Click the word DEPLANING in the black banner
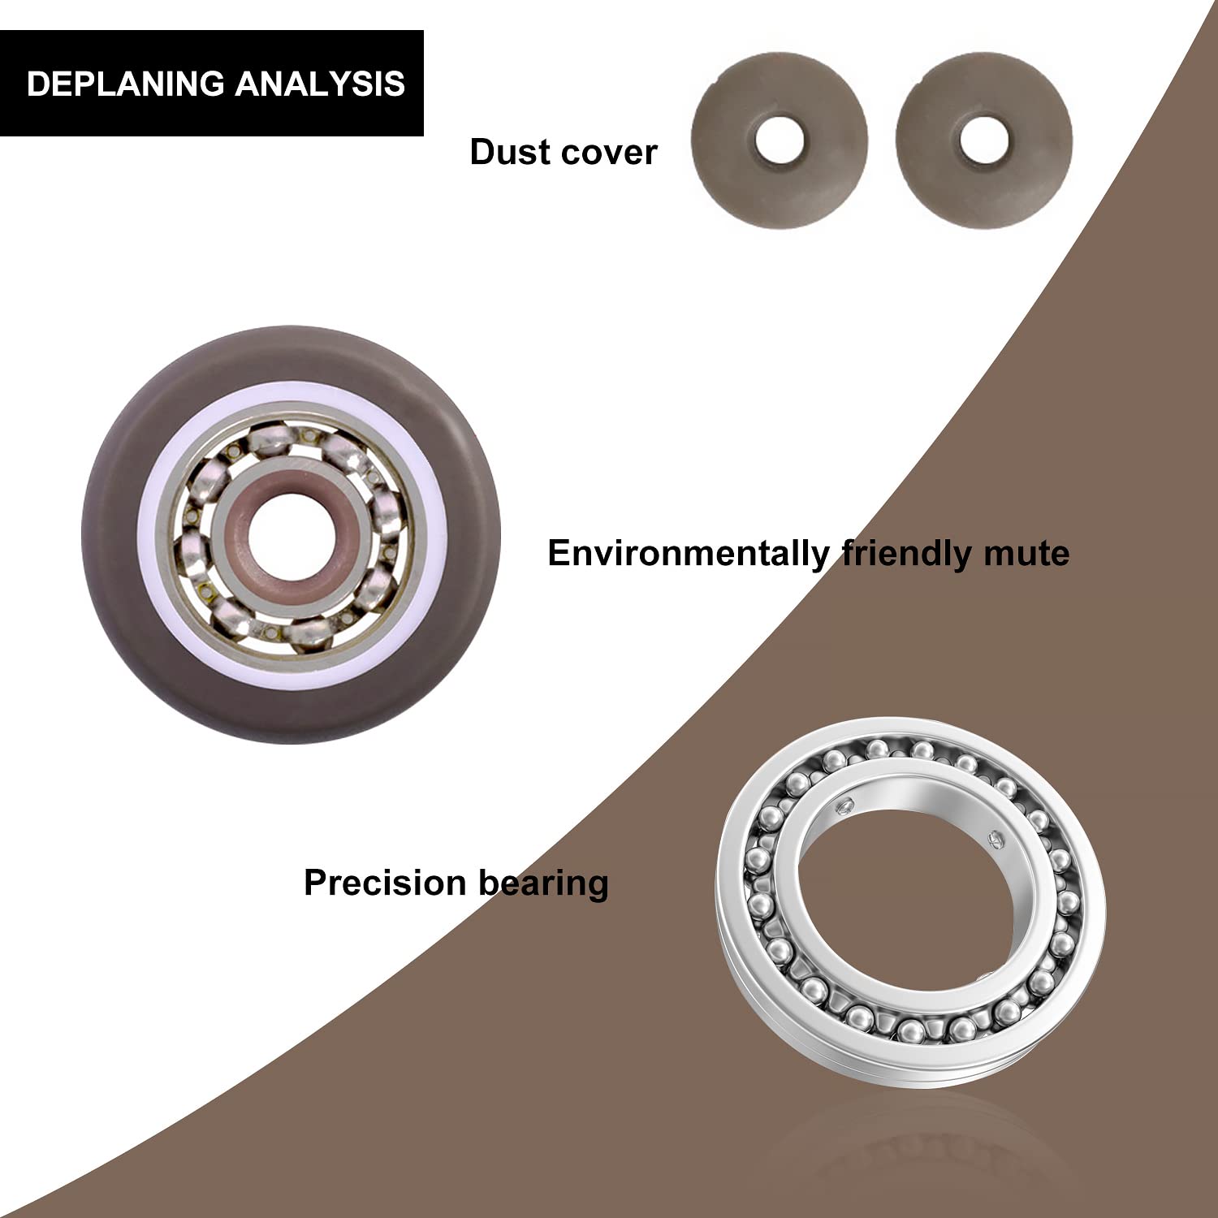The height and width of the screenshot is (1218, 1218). [126, 84]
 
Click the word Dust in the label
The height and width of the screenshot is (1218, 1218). [505, 152]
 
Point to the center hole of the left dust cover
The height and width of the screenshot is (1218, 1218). [780, 139]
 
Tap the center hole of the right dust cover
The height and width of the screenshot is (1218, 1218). [984, 139]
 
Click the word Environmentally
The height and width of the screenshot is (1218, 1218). [689, 555]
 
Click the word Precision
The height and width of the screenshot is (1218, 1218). [386, 883]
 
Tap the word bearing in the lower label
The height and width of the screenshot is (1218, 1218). [543, 884]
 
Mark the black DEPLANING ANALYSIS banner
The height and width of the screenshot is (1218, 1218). [212, 84]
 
